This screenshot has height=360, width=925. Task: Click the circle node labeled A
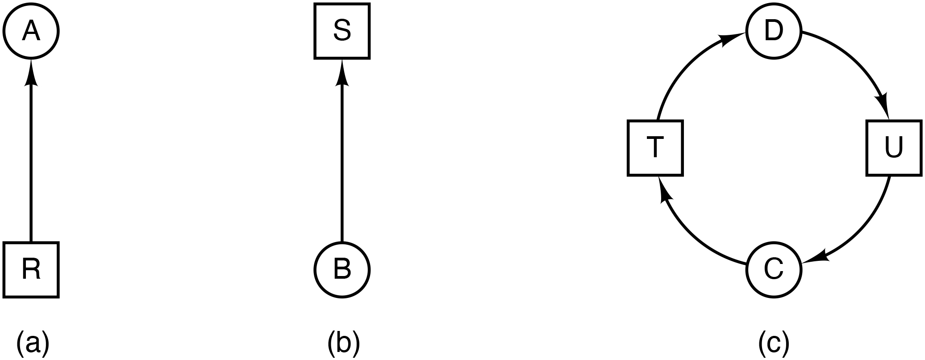pyautogui.click(x=31, y=31)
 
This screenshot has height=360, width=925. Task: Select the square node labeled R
pyautogui.click(x=31, y=270)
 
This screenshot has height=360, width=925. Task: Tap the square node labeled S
pyautogui.click(x=342, y=31)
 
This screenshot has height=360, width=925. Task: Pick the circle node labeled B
pyautogui.click(x=342, y=270)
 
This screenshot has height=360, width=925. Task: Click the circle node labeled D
pyautogui.click(x=774, y=31)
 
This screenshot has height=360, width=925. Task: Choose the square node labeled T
pyautogui.click(x=655, y=148)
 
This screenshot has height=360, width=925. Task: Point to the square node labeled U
pyautogui.click(x=894, y=148)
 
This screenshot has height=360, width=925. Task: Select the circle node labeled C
pyautogui.click(x=774, y=270)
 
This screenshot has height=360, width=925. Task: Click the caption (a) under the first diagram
pyautogui.click(x=32, y=343)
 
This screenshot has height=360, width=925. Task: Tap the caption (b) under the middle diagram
pyautogui.click(x=343, y=343)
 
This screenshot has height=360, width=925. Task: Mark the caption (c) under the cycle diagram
pyautogui.click(x=774, y=343)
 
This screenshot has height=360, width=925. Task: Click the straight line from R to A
pyautogui.click(x=31, y=161)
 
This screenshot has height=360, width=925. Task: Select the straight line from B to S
pyautogui.click(x=342, y=161)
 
